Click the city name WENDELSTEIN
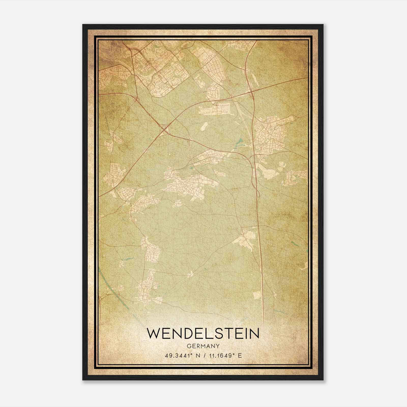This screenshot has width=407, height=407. click(203, 333)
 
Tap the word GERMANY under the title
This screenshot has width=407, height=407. click(203, 346)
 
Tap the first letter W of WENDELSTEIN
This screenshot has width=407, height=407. click(153, 333)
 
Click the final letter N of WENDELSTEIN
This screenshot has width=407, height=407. click(254, 333)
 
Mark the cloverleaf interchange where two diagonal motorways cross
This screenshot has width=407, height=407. click(165, 129)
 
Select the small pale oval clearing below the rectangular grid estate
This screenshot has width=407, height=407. click(204, 126)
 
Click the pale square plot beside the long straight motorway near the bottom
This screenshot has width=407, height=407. click(257, 295)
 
